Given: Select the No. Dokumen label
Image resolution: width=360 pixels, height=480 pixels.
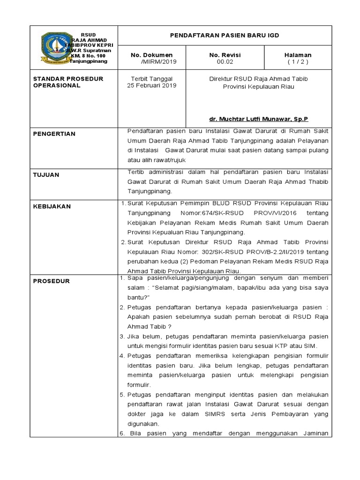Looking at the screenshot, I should pyautogui.click(x=151, y=55).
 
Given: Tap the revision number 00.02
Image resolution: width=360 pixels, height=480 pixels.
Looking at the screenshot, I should pyautogui.click(x=224, y=61).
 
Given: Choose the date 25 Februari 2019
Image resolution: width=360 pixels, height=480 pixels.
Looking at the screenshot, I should pyautogui.click(x=151, y=86).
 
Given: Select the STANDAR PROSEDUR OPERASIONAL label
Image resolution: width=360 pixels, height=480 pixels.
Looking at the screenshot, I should pyautogui.click(x=68, y=82).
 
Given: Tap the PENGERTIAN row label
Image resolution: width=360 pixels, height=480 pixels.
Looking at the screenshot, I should pyautogui.click(x=54, y=134).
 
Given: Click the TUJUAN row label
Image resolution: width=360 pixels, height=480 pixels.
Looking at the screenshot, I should pyautogui.click(x=46, y=174).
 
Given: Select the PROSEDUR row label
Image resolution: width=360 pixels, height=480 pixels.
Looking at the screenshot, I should pyautogui.click(x=51, y=281).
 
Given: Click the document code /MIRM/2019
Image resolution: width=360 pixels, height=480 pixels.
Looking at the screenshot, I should pyautogui.click(x=156, y=61).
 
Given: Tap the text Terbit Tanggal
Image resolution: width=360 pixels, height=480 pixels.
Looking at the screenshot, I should pyautogui.click(x=151, y=79).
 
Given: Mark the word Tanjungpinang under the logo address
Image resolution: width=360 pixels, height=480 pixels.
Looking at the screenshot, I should pyautogui.click(x=88, y=61).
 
